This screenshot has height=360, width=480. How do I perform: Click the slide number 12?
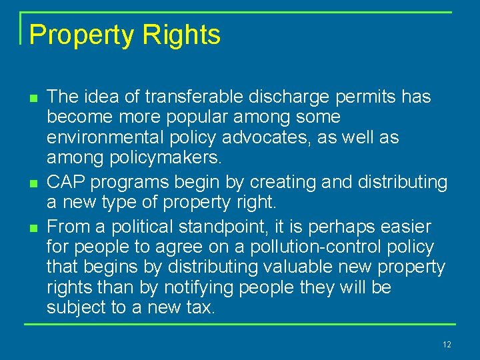[446, 345]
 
